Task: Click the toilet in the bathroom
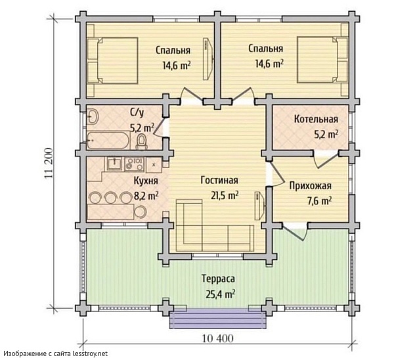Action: click(141, 142)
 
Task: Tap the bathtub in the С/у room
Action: click(108, 141)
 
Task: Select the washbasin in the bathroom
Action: click(92, 116)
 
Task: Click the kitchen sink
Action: click(114, 164)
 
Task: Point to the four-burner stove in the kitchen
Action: click(134, 164)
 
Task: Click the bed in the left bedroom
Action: click(112, 60)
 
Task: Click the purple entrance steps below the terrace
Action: click(218, 320)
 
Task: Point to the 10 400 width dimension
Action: click(218, 338)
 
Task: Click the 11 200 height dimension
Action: click(49, 163)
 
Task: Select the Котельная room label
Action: click(316, 119)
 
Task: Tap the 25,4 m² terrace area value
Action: click(221, 294)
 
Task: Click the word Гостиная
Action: click(219, 180)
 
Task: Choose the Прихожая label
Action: click(310, 186)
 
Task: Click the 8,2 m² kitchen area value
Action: click(146, 196)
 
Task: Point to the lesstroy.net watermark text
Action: click(91, 353)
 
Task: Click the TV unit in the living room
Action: click(259, 206)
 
